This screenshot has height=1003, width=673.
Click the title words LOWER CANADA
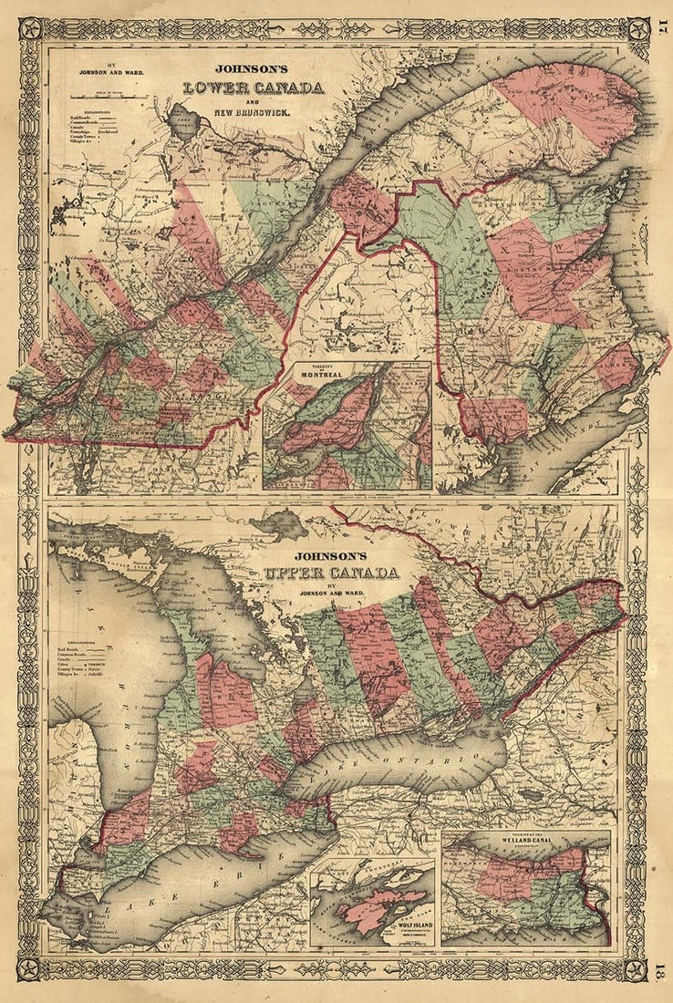(x=254, y=88)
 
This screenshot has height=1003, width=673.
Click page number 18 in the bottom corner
(x=661, y=967)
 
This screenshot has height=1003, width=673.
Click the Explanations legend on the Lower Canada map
(x=91, y=141)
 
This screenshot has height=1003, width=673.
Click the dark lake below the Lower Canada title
(x=186, y=121)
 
